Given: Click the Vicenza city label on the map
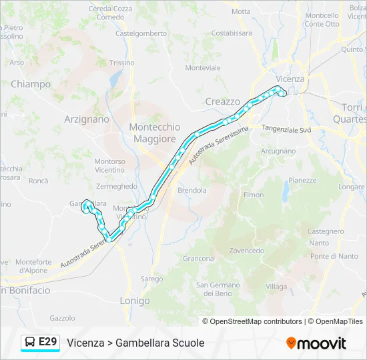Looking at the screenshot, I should click(290, 79).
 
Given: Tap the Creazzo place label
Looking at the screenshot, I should click(222, 101).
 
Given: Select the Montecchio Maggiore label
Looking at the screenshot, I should click(155, 133).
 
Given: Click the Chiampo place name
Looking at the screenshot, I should click(31, 84).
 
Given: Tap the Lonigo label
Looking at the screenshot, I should click(135, 301).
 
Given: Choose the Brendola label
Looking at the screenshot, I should click(192, 190).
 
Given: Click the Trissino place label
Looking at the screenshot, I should click(122, 63).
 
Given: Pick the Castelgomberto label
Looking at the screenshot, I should click(141, 33).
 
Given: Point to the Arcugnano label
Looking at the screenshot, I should click(278, 151).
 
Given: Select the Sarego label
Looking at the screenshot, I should click(151, 279).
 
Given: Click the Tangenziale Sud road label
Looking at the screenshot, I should click(286, 129).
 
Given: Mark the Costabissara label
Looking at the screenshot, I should click(232, 33).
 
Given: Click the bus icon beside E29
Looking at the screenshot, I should click(30, 343).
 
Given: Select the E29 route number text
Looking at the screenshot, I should click(48, 342).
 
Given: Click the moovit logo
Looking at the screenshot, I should click(316, 343).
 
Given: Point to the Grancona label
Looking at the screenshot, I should click(198, 259).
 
